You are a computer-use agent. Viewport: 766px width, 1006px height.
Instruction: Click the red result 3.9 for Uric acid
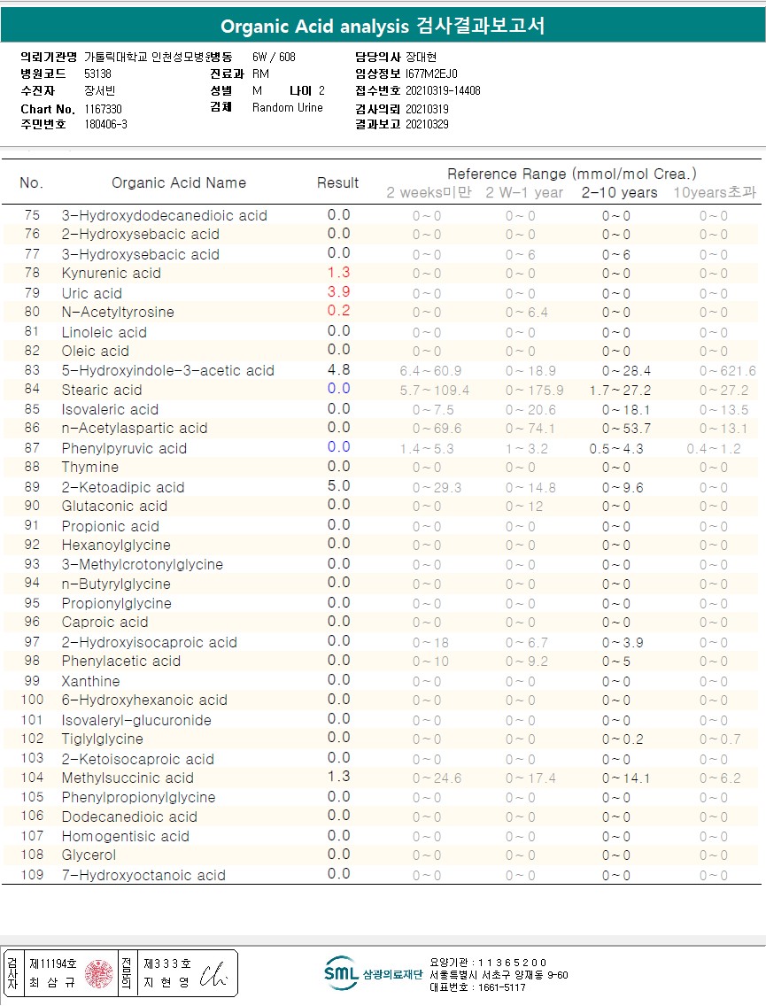click(338, 292)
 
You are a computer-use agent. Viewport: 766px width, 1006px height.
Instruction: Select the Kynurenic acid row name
click(111, 274)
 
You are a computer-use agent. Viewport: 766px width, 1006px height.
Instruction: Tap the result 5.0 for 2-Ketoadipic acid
click(338, 486)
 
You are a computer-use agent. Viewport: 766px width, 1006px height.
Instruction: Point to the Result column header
click(337, 183)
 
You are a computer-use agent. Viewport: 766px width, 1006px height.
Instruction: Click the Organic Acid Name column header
click(179, 183)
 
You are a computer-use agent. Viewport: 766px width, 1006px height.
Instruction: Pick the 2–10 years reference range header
click(619, 193)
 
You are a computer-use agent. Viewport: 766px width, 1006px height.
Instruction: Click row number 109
click(32, 875)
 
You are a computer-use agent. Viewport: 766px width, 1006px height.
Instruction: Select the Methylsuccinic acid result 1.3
click(338, 777)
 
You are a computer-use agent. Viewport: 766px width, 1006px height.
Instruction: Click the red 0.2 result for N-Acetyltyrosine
click(338, 311)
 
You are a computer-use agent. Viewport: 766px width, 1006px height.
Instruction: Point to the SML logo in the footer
click(340, 972)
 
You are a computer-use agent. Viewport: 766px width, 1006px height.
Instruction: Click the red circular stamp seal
click(98, 974)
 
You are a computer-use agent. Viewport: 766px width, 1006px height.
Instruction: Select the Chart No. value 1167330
click(104, 109)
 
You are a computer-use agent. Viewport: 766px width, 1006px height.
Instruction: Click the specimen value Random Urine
click(288, 108)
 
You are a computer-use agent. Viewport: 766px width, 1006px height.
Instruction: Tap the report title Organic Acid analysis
click(314, 27)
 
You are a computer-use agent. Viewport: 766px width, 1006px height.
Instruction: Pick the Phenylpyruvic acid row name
click(124, 448)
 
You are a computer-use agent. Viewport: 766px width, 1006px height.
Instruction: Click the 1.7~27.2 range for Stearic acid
click(620, 391)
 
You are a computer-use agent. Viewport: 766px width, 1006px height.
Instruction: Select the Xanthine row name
click(89, 681)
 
